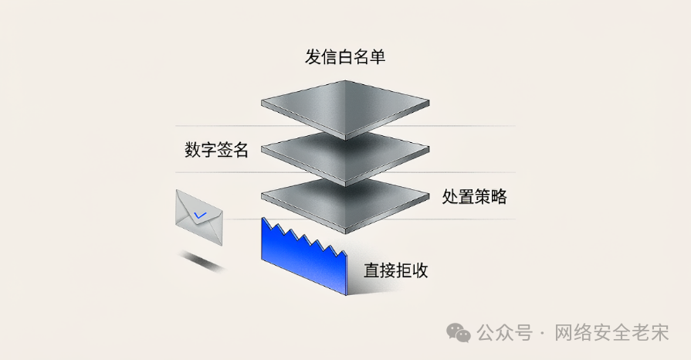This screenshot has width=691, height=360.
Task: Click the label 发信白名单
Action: (345, 57)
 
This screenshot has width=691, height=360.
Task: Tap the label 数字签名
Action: (216, 150)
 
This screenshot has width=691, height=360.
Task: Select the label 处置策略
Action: (474, 196)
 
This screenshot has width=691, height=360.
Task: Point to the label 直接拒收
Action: (396, 270)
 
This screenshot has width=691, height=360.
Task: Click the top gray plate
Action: (345, 109)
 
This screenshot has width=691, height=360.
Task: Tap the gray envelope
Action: (199, 217)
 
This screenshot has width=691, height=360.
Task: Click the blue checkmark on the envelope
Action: (200, 216)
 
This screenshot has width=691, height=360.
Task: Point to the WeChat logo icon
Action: (459, 332)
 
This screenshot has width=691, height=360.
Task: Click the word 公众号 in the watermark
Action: (505, 333)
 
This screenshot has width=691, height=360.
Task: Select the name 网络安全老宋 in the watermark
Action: (611, 333)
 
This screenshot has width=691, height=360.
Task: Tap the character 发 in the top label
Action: (313, 57)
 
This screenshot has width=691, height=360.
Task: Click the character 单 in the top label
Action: (378, 57)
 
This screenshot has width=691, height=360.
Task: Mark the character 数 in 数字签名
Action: (192, 150)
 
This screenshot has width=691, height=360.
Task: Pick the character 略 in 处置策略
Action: (499, 196)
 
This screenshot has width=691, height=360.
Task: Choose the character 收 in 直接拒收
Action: (421, 270)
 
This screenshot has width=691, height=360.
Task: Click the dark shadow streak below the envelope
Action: (202, 261)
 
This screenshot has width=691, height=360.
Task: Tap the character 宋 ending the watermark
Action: (660, 333)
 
